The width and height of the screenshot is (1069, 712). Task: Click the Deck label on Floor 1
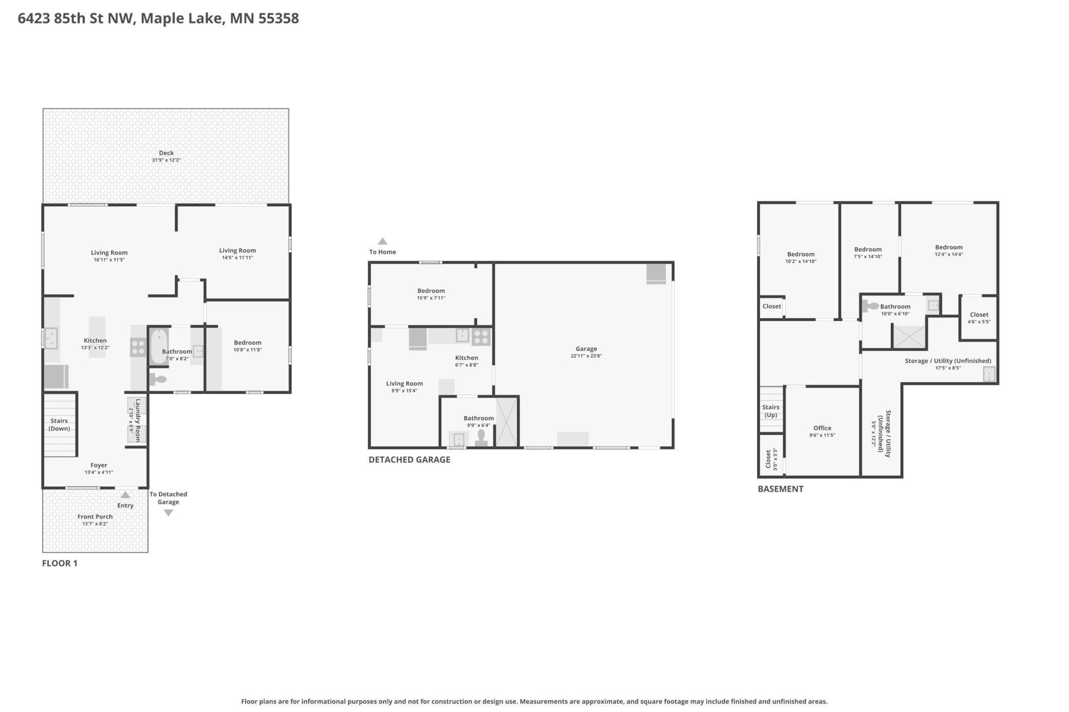[x=166, y=153]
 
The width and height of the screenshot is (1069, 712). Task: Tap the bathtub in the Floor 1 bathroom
[x=159, y=346]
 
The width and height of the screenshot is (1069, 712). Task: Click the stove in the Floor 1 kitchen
[x=138, y=347]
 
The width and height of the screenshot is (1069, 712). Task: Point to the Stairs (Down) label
[x=59, y=424]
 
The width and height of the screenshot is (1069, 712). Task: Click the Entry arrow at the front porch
[x=125, y=495]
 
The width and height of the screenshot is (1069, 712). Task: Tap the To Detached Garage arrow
[x=168, y=513]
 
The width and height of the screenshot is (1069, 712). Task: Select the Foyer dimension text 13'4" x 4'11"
[x=99, y=472]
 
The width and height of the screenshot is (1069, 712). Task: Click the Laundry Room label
[x=138, y=420]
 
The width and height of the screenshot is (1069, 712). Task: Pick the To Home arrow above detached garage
[x=382, y=241]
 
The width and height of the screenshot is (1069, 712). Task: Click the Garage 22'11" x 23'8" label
[x=586, y=352]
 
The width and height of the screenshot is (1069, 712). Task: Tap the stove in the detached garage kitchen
[x=481, y=337]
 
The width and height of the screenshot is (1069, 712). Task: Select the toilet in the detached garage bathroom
[x=481, y=438]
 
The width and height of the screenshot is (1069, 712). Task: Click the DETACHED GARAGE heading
[x=409, y=460]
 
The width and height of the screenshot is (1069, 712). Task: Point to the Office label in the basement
[x=822, y=428]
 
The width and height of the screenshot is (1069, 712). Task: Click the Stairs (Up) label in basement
[x=770, y=411]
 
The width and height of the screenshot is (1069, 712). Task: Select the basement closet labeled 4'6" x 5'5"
[x=979, y=318]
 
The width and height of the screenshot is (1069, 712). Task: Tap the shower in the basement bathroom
[x=909, y=336]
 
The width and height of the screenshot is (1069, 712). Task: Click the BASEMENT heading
[x=780, y=489]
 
